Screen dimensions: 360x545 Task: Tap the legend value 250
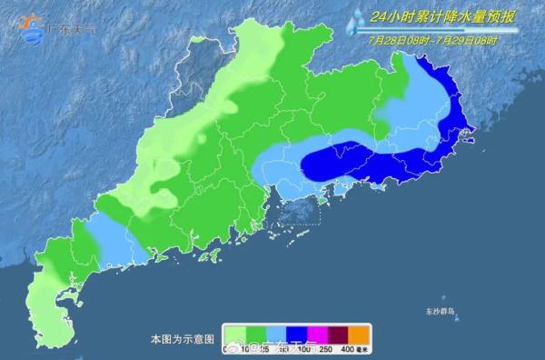pos(323,350)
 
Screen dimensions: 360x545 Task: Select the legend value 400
pos(348,350)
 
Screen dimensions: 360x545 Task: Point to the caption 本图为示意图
pos(182,338)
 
